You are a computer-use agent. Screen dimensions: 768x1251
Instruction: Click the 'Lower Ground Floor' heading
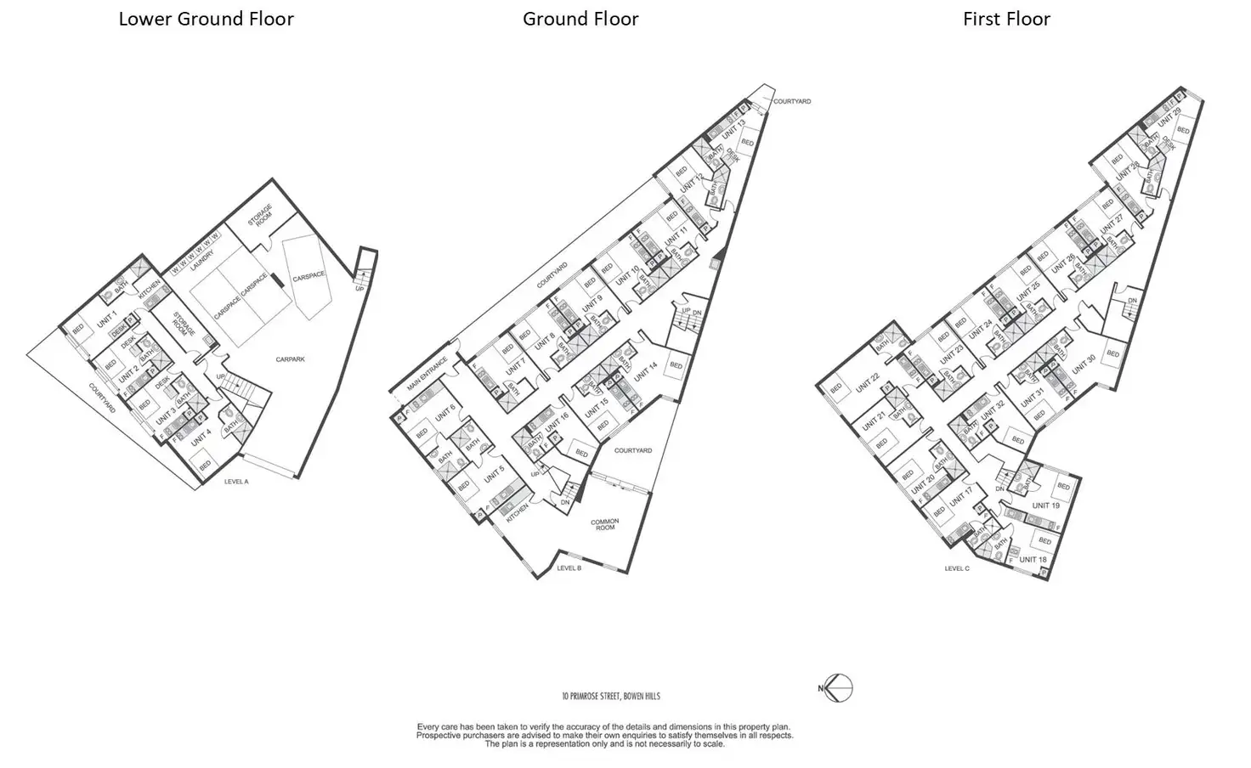tap(206, 20)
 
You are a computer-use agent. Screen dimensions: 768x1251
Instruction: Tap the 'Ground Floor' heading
tap(580, 20)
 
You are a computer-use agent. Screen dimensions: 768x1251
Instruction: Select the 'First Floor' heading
tap(1006, 20)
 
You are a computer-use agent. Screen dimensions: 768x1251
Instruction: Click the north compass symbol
tap(838, 688)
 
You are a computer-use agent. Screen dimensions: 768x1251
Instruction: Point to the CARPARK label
tap(290, 359)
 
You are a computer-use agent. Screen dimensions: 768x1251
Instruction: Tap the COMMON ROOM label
tap(606, 524)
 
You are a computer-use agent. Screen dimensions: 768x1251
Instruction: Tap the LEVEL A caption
tap(236, 482)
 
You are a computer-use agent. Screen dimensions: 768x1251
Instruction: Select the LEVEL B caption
tap(569, 568)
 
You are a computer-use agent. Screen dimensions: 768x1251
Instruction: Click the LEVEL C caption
tap(956, 568)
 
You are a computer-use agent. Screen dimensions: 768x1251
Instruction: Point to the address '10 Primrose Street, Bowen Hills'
tap(610, 697)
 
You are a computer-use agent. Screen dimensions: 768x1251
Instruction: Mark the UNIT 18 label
tap(1033, 559)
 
